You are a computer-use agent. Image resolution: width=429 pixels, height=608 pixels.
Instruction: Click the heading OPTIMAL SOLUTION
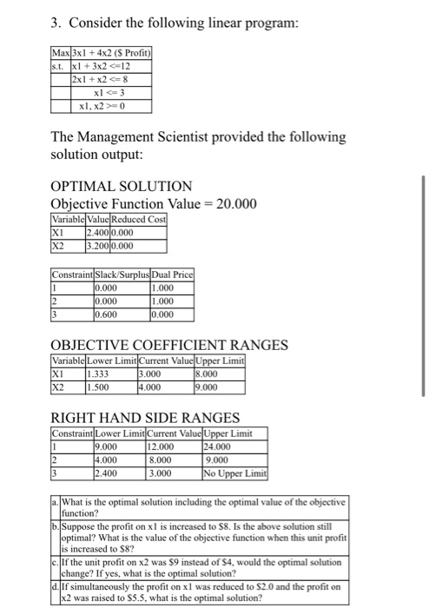[122, 187]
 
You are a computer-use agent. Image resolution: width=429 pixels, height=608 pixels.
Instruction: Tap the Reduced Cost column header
[144, 220]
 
